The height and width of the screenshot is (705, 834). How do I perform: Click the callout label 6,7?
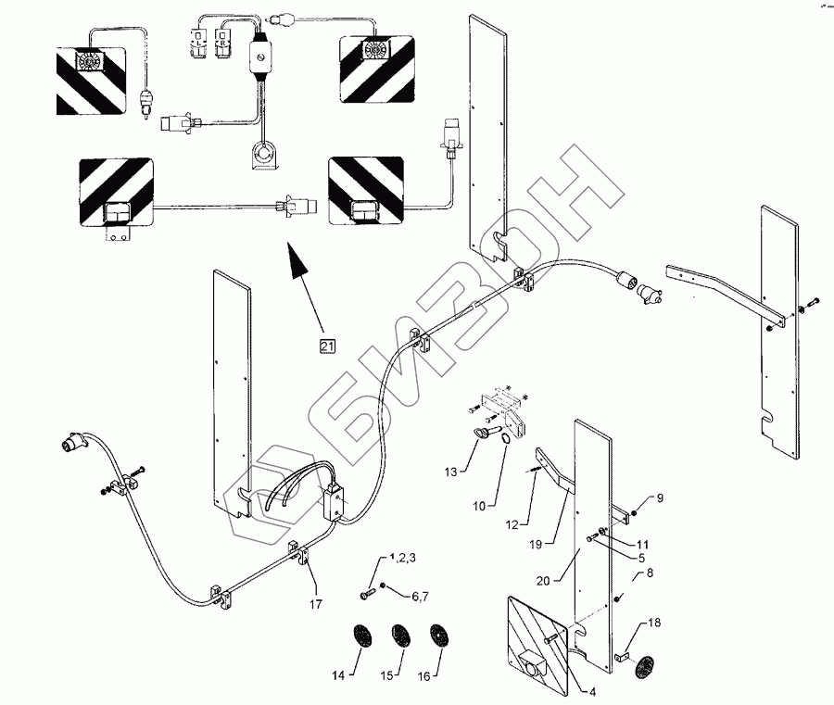click(419, 598)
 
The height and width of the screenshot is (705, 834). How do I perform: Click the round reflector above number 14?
click(360, 638)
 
